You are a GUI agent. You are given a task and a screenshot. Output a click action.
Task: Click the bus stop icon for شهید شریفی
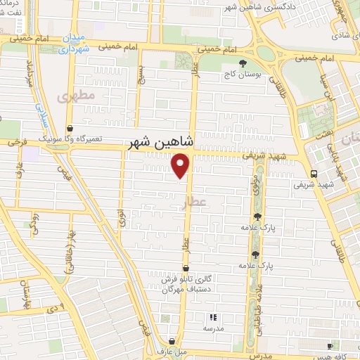click(x=313, y=174)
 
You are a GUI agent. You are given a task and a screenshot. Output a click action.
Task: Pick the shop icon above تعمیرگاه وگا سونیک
click(x=70, y=129)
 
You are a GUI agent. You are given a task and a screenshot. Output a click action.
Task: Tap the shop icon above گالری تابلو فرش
click(x=186, y=268)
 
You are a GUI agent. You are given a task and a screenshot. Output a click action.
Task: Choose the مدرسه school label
click(x=213, y=328)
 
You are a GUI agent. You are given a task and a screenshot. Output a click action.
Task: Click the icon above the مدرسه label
click(x=213, y=317)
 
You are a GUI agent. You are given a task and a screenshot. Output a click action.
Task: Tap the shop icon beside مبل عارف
click(x=172, y=342)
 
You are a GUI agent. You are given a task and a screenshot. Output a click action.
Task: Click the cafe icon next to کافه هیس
click(x=330, y=346)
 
